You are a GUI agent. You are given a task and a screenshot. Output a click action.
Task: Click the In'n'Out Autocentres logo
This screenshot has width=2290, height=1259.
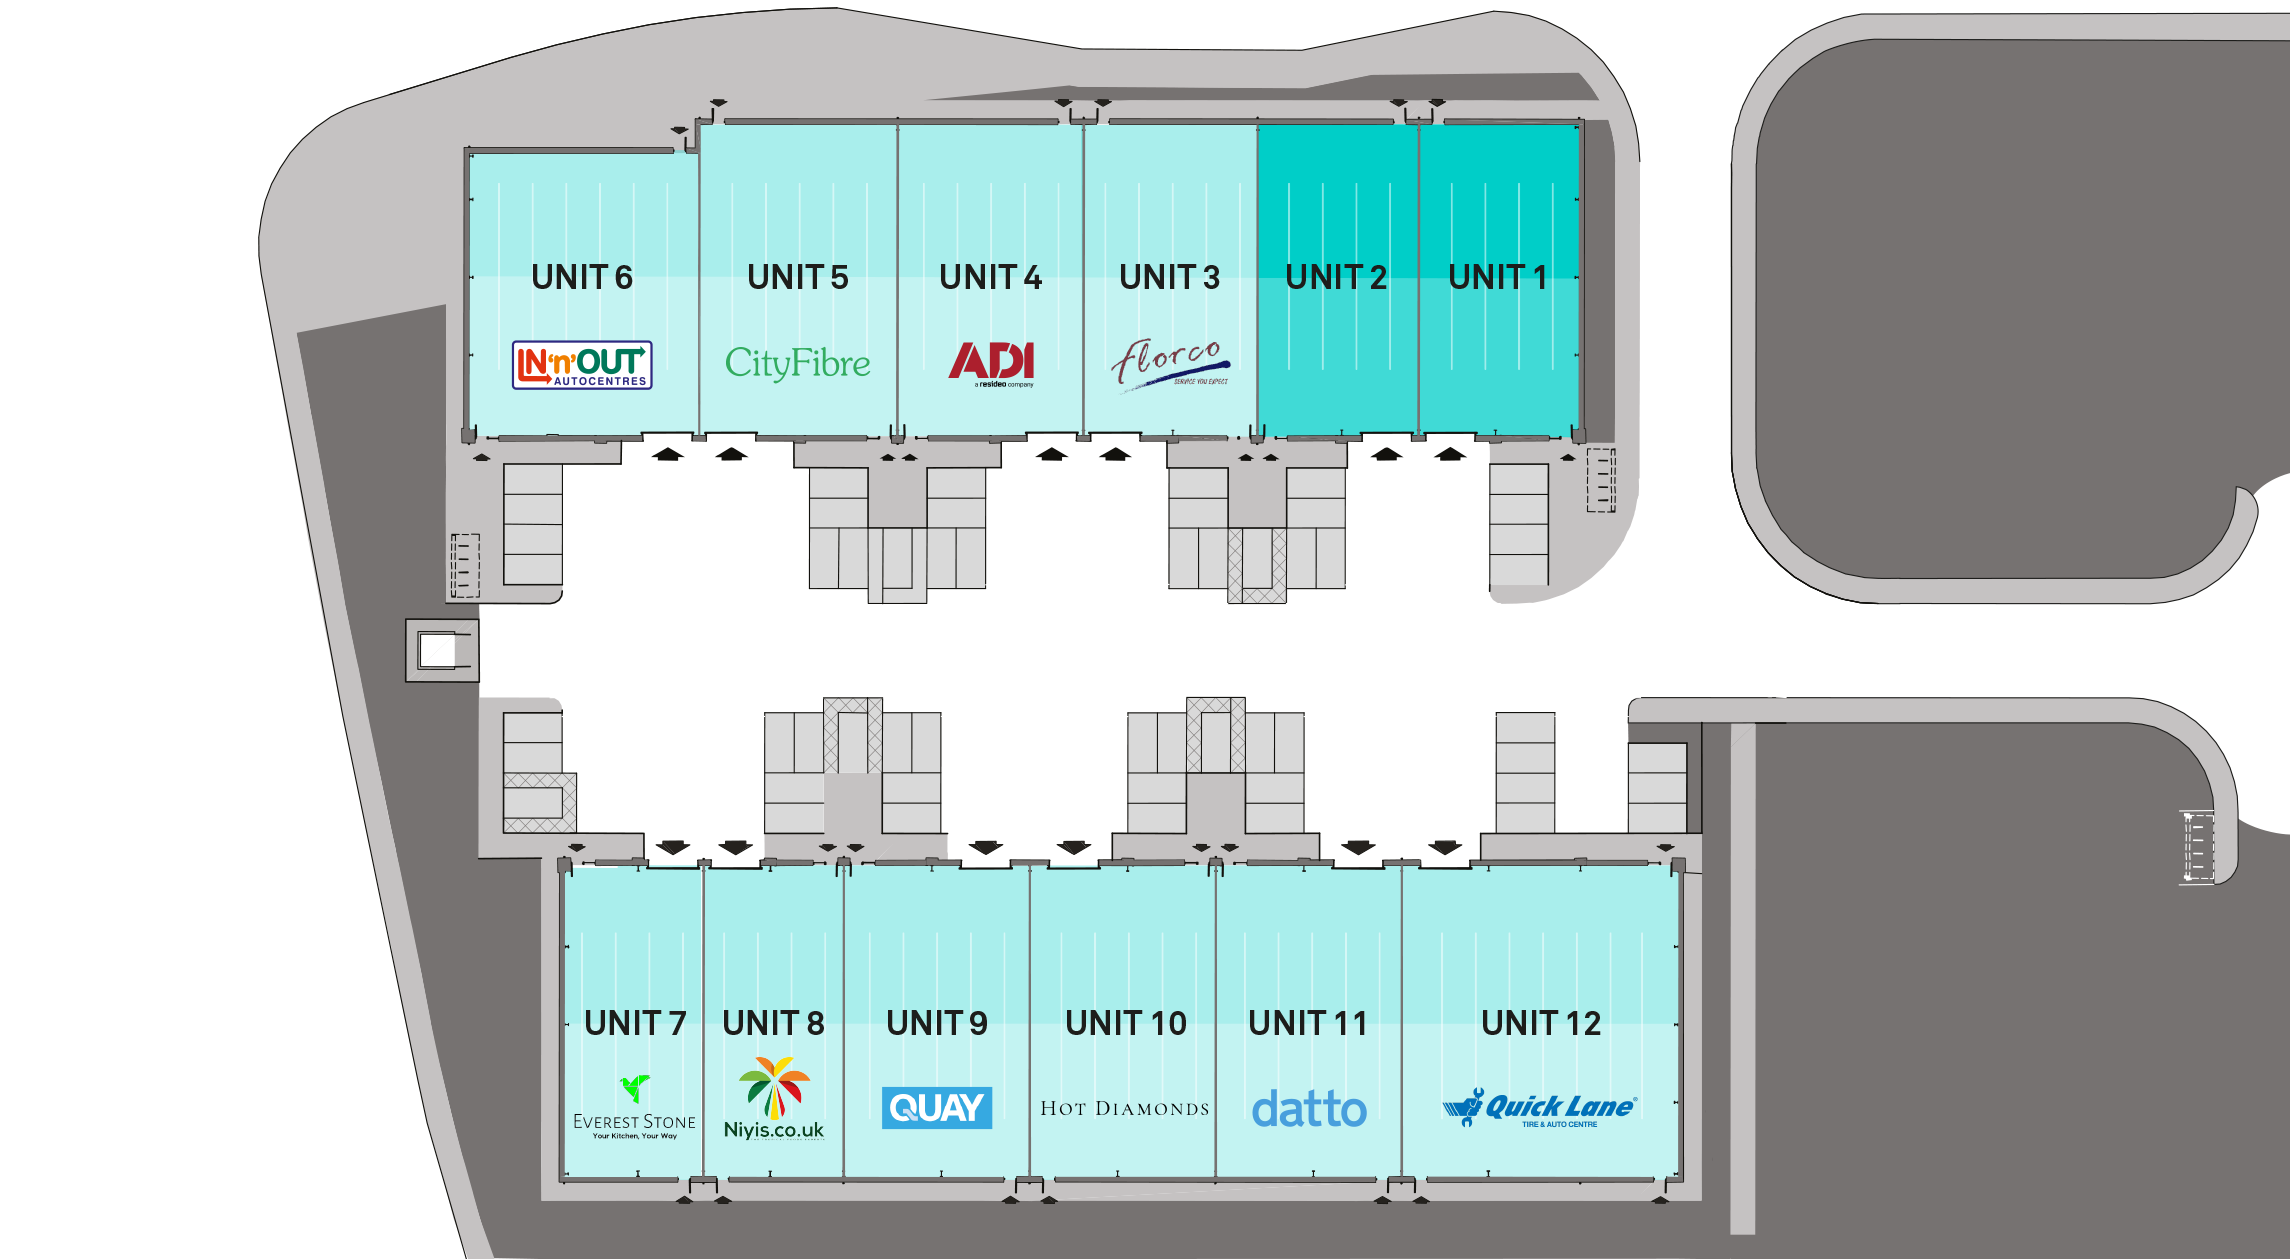pyautogui.click(x=582, y=365)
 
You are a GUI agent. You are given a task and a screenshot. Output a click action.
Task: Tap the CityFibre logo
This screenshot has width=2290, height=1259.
pyautogui.click(x=797, y=363)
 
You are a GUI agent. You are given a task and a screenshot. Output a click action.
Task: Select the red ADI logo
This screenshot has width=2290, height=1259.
pyautogui.click(x=991, y=363)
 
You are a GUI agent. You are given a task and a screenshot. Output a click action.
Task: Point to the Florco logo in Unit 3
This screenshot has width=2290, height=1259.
pyautogui.click(x=1169, y=363)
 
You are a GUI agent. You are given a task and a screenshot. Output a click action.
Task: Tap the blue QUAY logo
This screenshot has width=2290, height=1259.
pyautogui.click(x=937, y=1108)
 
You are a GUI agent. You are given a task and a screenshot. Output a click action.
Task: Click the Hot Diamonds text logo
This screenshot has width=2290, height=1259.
pyautogui.click(x=1125, y=1108)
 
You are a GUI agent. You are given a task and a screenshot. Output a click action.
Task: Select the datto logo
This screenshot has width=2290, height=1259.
pyautogui.click(x=1309, y=1109)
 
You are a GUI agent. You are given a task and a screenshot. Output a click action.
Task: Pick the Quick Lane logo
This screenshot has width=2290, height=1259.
pyautogui.click(x=1540, y=1108)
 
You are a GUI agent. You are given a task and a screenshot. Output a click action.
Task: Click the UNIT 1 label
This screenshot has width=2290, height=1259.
pyautogui.click(x=1497, y=277)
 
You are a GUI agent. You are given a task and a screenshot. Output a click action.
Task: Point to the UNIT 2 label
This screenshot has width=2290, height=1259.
pyautogui.click(x=1336, y=277)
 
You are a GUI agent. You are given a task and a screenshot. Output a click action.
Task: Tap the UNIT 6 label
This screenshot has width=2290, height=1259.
pyautogui.click(x=582, y=277)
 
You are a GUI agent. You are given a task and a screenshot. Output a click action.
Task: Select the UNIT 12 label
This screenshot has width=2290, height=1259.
pyautogui.click(x=1541, y=1023)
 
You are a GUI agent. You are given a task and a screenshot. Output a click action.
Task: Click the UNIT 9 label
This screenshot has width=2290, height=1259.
pyautogui.click(x=937, y=1023)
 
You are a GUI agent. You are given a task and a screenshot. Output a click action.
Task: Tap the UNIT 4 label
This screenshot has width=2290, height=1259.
pyautogui.click(x=990, y=277)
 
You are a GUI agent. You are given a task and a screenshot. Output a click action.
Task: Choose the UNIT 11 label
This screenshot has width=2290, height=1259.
pyautogui.click(x=1307, y=1023)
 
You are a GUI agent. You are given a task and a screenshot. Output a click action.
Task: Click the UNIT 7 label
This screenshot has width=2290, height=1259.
pyautogui.click(x=635, y=1023)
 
